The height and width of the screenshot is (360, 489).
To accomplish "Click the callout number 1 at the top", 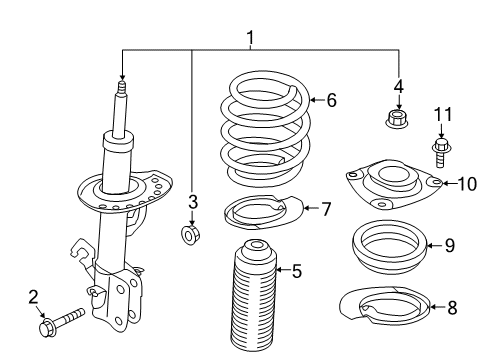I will coord(250,38).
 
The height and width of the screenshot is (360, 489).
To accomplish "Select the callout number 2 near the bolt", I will coord(32,296).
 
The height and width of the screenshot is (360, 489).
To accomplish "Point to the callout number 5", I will coord(296,270).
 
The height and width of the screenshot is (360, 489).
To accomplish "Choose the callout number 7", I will coord(325,208).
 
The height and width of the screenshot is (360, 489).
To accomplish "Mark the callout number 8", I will coord(452,309).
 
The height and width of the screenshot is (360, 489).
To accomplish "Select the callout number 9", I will coord(449,243).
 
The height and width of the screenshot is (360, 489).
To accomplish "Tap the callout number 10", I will coord(462,182).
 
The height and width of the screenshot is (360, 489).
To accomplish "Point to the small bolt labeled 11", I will coord(439,151).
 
